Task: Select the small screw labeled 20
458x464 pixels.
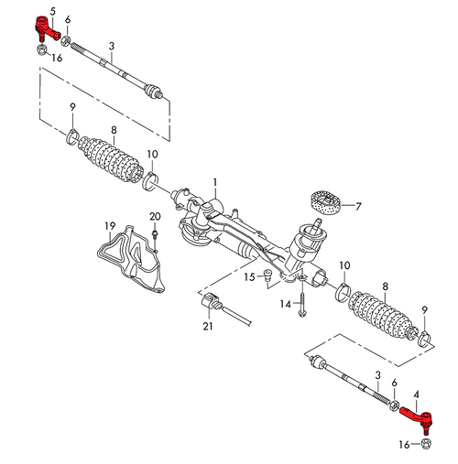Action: (x=157, y=237)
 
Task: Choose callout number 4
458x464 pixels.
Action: (x=418, y=396)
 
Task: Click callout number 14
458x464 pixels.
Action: (x=285, y=304)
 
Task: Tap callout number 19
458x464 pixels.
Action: (x=109, y=225)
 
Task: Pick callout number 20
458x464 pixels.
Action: (x=155, y=216)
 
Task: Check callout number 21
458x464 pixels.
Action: (x=207, y=327)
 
